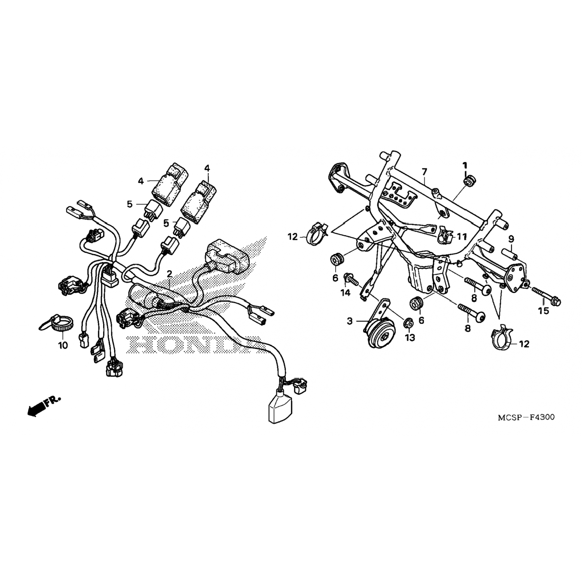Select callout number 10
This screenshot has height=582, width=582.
click(63, 345)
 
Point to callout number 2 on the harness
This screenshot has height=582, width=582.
click(169, 274)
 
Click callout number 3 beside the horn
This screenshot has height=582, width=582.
click(350, 321)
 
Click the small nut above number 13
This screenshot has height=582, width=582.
click(408, 322)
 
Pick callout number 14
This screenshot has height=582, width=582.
click(345, 293)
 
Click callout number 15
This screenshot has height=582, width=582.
click(544, 311)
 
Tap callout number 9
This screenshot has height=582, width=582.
click(511, 238)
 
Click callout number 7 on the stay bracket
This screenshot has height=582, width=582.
click(424, 171)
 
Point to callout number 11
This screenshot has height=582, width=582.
click(461, 236)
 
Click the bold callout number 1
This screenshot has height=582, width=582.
click(465, 165)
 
